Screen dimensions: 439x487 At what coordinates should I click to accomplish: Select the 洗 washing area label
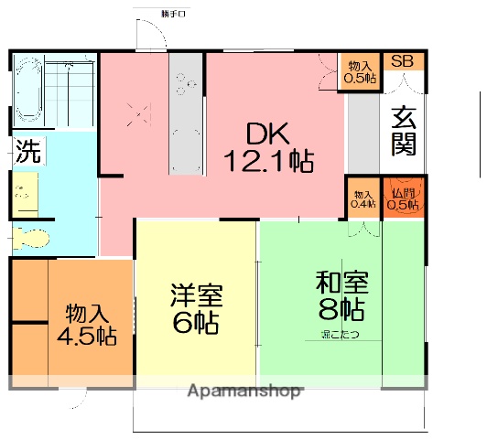[27, 153]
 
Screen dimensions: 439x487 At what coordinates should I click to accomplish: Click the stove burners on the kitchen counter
[186, 85]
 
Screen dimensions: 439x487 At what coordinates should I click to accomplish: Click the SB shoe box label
[403, 62]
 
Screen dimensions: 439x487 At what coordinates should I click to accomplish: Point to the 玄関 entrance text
[405, 131]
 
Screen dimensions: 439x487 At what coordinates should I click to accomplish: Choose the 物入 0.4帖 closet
[363, 198]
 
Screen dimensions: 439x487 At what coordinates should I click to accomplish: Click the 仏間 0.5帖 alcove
[403, 198]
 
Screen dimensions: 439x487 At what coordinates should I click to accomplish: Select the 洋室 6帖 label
[194, 309]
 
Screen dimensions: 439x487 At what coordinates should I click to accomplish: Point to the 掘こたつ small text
[340, 334]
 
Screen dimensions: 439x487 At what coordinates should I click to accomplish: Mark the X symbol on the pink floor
[137, 116]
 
